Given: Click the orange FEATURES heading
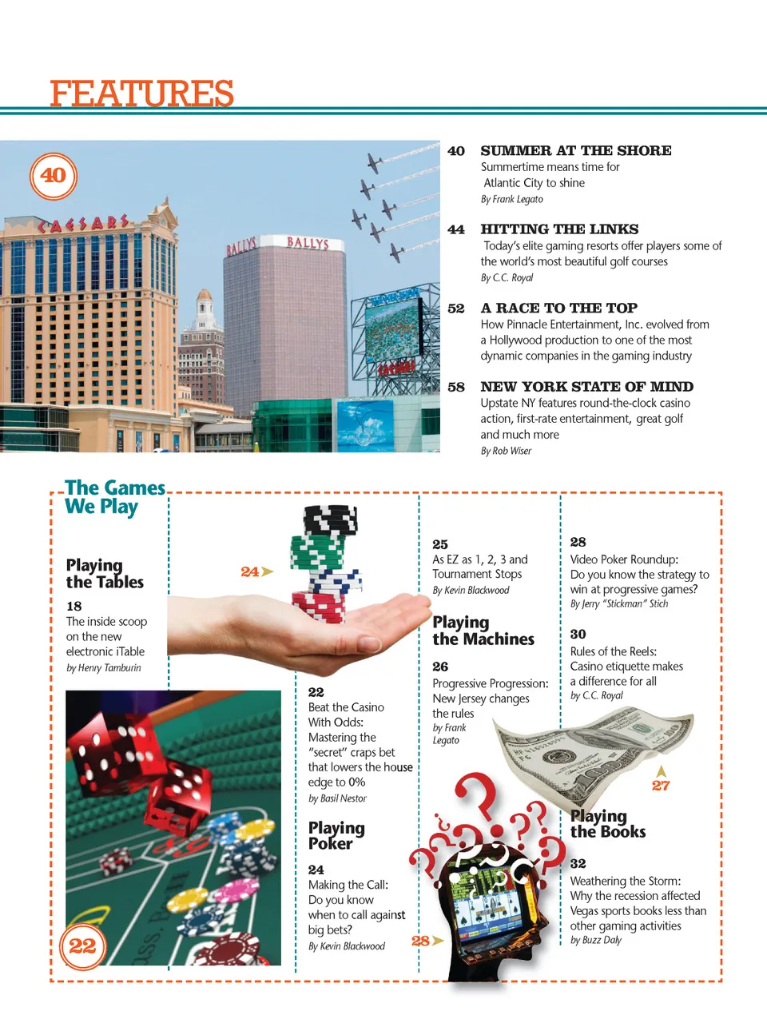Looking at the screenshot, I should coord(141,94).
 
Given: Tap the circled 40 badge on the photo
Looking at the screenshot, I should coord(54,176).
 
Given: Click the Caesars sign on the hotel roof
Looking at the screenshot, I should coord(84,225).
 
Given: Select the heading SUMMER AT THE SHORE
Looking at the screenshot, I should coord(575,151).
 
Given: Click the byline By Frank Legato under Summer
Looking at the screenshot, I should coord(511,200).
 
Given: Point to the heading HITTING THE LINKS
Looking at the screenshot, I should coord(559,229).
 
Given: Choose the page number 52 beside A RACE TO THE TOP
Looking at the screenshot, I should coord(456,308).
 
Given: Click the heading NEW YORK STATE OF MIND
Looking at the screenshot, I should coord(586,387).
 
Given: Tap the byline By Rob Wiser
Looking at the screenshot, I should coord(506,451).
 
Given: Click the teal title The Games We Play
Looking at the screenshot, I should coord(114,497).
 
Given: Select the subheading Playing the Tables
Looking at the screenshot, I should coord(105,574).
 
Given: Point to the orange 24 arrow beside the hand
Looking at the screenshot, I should coord(256,571).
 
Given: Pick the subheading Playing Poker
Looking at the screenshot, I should coord(336,835).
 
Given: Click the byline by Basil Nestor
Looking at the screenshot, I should coord(337,798).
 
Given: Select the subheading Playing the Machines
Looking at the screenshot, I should coord(483,631).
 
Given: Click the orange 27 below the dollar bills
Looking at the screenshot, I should coord(661,785).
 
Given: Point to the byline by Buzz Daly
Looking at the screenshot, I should coord(596,941).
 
